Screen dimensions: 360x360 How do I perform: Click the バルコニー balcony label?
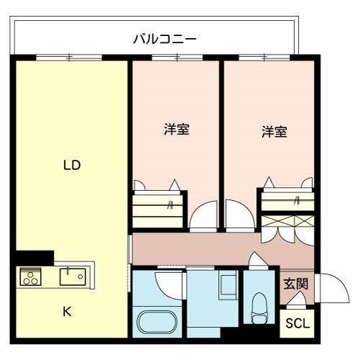(165, 38)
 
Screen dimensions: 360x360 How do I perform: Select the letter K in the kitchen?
(66, 311)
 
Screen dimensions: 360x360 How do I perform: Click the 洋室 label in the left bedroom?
(176, 130)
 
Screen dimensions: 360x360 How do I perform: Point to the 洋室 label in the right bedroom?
(274, 132)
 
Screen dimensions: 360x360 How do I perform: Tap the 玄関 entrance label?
(295, 283)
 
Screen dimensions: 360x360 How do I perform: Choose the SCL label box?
(297, 323)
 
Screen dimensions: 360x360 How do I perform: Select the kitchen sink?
(71, 275)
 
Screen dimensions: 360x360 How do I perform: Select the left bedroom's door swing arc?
(202, 216)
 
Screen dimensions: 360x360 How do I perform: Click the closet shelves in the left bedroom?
(158, 210)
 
